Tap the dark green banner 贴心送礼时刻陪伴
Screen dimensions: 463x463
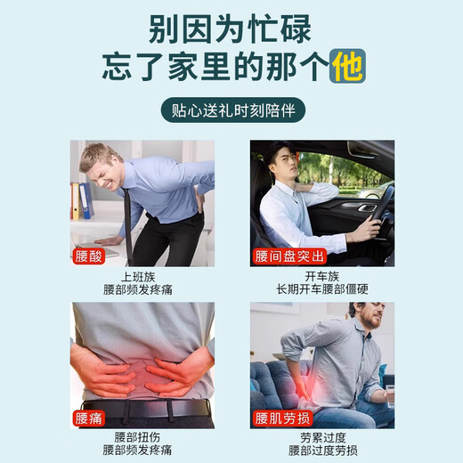[x=231, y=113]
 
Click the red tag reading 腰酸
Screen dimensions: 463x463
[x=90, y=257]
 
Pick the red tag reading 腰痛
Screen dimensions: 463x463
[x=90, y=419]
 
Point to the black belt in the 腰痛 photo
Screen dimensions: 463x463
[x=142, y=409]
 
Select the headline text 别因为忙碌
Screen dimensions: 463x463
[x=231, y=28]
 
